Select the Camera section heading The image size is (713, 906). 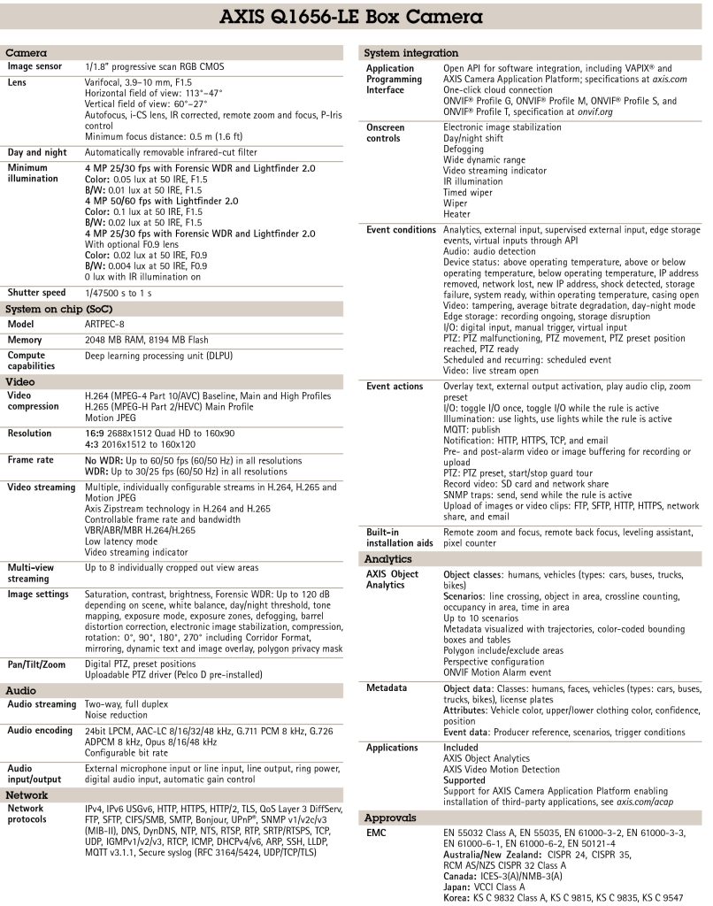(27, 54)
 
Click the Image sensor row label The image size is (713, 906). (36, 66)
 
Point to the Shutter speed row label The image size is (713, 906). (37, 293)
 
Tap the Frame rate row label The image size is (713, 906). (34, 460)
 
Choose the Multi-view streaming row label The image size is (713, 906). (34, 572)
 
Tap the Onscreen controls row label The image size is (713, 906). (386, 133)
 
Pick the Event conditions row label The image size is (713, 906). (401, 230)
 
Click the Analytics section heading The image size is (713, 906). (389, 559)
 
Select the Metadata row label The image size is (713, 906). (387, 687)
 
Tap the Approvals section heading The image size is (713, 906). (390, 818)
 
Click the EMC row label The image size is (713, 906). (376, 833)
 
